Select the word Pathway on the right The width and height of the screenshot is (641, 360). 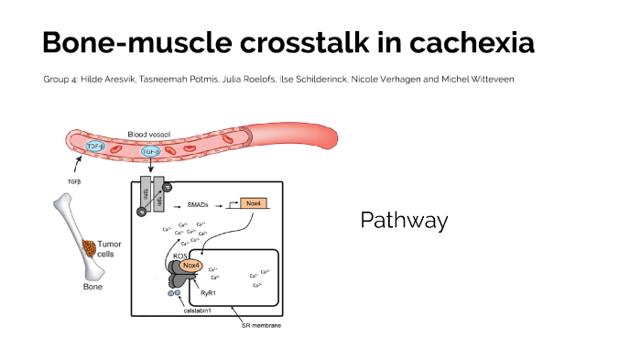click(x=404, y=221)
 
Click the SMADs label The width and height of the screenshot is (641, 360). click(x=200, y=203)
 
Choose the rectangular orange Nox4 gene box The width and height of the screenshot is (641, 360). click(x=254, y=203)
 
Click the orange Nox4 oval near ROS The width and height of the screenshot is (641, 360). click(x=190, y=266)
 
